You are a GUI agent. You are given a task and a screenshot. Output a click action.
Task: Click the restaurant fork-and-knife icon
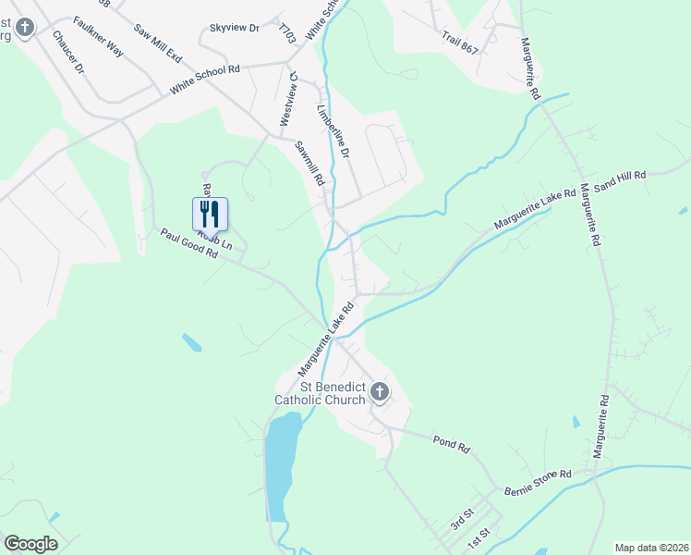pyautogui.click(x=210, y=214)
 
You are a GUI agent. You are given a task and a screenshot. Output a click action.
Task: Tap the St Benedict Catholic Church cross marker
pyautogui.click(x=379, y=393)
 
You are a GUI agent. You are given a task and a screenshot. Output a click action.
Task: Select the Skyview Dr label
pyautogui.click(x=235, y=29)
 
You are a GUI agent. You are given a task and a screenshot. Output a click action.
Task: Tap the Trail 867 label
pyautogui.click(x=460, y=42)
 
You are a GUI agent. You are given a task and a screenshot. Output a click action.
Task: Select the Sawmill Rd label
pyautogui.click(x=310, y=163)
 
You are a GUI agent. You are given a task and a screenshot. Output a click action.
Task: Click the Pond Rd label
pyautogui.click(x=452, y=442)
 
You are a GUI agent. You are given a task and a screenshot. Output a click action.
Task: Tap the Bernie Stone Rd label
pyautogui.click(x=538, y=480)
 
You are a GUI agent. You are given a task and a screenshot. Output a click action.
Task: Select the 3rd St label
pyautogui.click(x=462, y=518)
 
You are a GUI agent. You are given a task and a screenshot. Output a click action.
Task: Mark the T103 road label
pyautogui.click(x=287, y=34)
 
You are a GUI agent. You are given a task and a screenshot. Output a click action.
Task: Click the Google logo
pyautogui.click(x=30, y=543)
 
